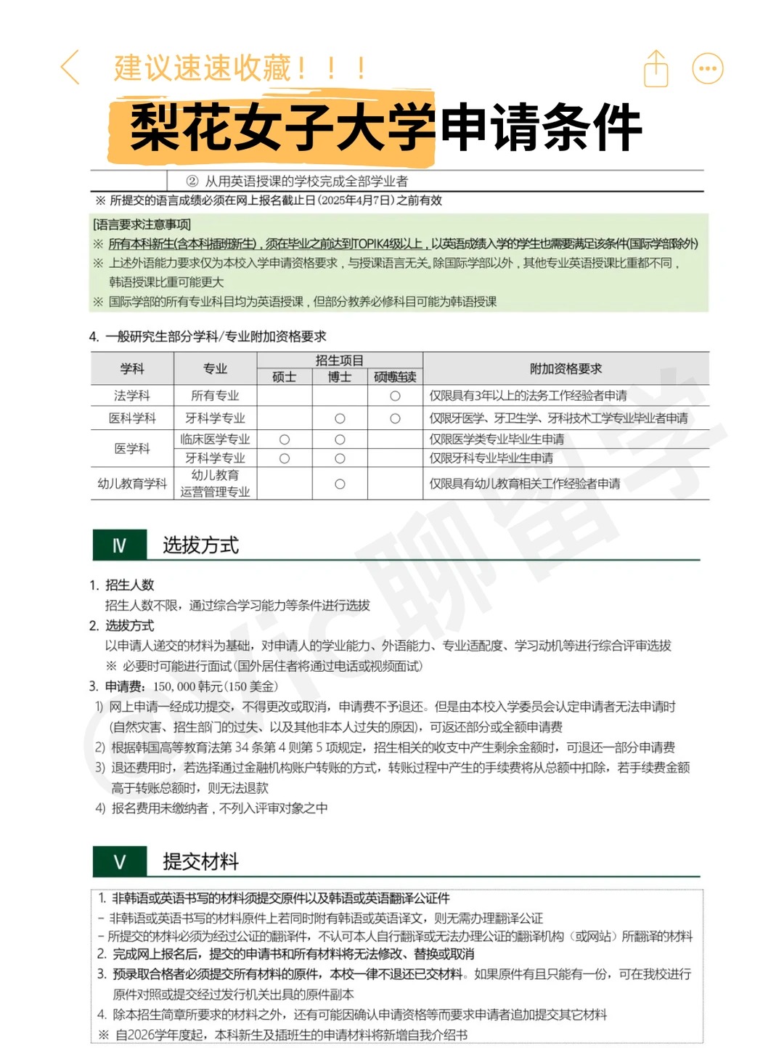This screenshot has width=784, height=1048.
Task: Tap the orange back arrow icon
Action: [70, 68]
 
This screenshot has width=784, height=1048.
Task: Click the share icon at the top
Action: [656, 69]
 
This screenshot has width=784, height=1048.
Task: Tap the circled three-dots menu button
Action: [708, 69]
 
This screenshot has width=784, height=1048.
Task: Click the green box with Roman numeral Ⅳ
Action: [120, 545]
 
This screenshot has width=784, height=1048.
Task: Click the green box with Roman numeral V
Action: [120, 862]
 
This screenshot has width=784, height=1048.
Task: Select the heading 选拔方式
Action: [200, 545]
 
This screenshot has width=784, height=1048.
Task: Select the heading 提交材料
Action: [200, 862]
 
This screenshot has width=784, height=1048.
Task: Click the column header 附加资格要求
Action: [565, 369]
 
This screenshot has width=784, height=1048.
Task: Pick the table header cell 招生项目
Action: [340, 360]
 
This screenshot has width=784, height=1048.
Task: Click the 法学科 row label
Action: [132, 396]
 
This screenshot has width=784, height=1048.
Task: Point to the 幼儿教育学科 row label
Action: [132, 484]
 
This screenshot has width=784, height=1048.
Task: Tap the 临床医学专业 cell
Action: [215, 439]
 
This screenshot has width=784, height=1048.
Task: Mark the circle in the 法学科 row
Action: [395, 396]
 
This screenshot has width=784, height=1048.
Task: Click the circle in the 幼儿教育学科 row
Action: [340, 484]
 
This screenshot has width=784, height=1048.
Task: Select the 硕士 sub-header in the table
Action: [284, 377]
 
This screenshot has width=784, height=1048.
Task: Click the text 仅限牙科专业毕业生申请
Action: [491, 458]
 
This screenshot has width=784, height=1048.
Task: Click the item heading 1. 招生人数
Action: [122, 585]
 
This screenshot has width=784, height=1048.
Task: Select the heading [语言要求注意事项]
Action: [142, 224]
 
